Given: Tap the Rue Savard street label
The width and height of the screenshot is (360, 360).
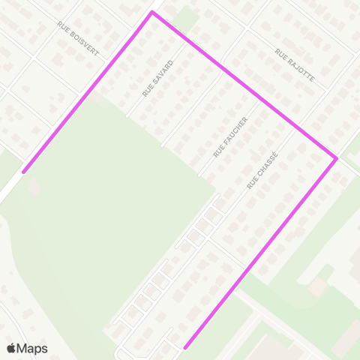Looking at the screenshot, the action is (x=157, y=78).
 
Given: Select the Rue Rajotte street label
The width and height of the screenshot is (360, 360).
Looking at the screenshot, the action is (x=294, y=65).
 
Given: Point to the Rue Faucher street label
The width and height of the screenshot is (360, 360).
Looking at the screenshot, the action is (x=230, y=136).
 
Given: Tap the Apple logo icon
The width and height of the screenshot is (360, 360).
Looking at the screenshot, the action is (x=11, y=348).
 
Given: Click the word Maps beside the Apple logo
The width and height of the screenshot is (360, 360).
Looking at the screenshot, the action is (x=32, y=348).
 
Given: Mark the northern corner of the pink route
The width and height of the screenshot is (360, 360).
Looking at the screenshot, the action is (x=152, y=13).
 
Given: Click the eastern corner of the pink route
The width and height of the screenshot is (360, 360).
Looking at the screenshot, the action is (x=336, y=158).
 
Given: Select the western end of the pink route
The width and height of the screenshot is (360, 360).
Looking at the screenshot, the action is (x=24, y=172).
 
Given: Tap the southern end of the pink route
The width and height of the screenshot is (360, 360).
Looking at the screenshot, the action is (x=185, y=347).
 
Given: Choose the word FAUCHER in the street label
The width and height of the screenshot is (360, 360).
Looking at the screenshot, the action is (x=234, y=131).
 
